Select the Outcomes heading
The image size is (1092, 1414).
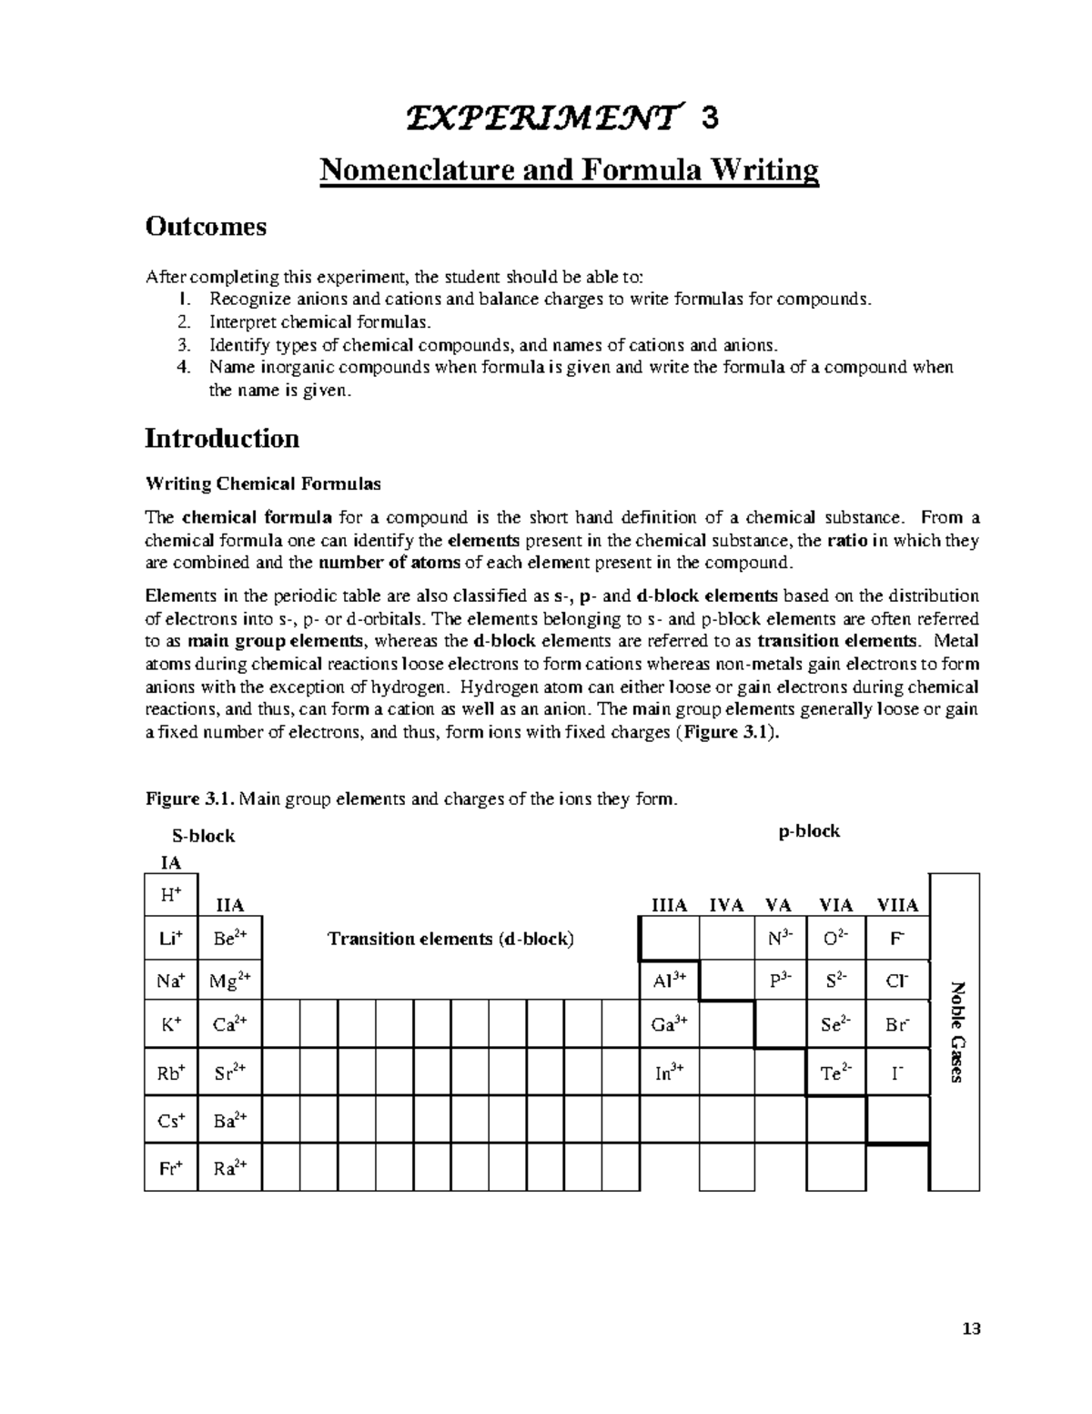tap(206, 227)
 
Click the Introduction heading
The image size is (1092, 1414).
tap(222, 439)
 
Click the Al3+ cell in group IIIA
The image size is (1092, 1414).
tap(669, 981)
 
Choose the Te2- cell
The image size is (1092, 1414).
tap(836, 1073)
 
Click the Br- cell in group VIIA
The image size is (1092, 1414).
tap(897, 1024)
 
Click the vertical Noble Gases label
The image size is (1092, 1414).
tap(955, 1032)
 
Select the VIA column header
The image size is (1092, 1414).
tap(836, 905)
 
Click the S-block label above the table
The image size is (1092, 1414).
tap(204, 836)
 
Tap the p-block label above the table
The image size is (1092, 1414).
tap(809, 831)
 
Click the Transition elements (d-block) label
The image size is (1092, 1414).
tap(450, 939)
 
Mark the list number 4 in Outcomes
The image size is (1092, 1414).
tap(185, 368)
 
